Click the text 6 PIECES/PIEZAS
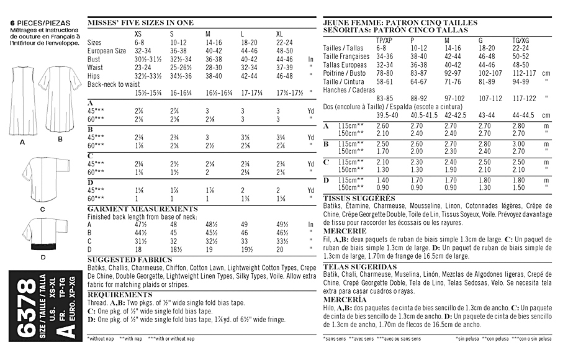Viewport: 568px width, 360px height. pos(32,22)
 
